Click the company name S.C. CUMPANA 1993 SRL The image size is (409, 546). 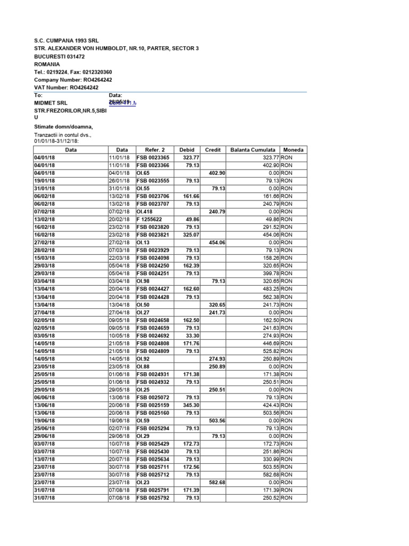point(66,41)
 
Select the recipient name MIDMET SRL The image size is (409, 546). point(51,102)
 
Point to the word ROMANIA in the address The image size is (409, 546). point(47,64)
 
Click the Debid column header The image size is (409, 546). point(187,150)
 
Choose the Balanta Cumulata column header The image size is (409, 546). point(252,150)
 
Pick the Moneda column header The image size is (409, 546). point(293,150)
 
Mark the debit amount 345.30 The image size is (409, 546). point(191,405)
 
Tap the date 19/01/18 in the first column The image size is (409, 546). point(44,181)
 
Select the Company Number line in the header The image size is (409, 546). point(73,79)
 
